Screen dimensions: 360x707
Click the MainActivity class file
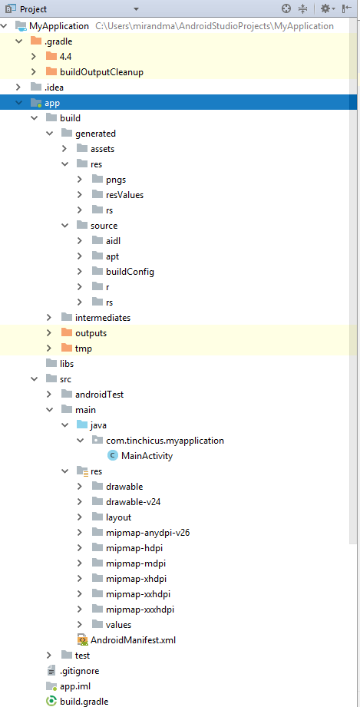point(147,456)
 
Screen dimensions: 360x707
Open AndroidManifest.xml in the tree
point(133,639)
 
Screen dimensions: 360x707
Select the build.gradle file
point(84,701)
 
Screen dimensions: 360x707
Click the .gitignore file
point(79,670)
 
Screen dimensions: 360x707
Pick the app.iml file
point(76,686)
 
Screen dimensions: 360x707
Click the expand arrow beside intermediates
point(49,318)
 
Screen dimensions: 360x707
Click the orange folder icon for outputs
point(67,332)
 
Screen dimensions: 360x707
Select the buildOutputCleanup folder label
point(101,71)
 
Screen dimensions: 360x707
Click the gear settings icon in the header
point(325,8)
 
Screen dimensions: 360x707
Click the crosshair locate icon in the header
point(286,8)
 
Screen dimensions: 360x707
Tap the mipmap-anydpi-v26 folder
point(148,533)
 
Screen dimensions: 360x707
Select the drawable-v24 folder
point(133,502)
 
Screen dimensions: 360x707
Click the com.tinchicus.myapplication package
point(165,441)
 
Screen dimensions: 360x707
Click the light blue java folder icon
point(81,425)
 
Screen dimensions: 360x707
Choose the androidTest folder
point(99,395)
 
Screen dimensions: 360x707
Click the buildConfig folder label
point(130,272)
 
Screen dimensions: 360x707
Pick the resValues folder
point(124,195)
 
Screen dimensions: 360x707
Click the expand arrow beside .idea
point(18,87)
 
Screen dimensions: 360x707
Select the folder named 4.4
point(65,56)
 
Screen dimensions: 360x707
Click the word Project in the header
point(33,9)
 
